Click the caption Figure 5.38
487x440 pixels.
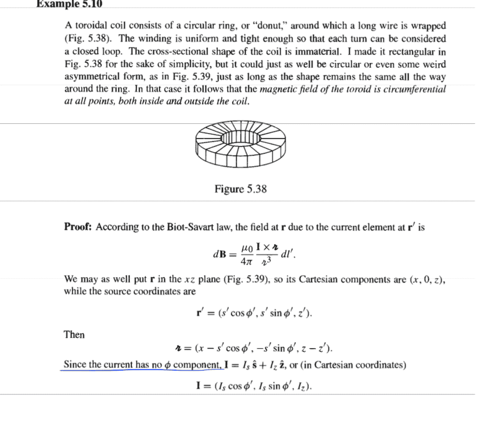pos(240,189)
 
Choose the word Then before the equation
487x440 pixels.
pos(74,334)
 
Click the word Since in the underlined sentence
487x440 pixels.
pos(75,365)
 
